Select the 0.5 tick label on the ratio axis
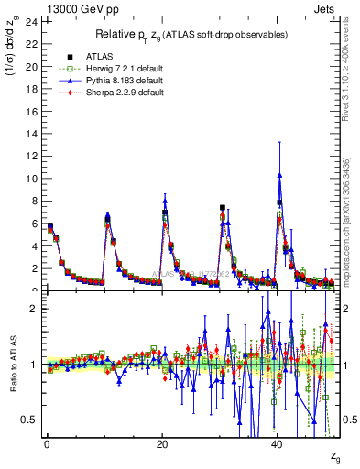(x=29, y=420)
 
